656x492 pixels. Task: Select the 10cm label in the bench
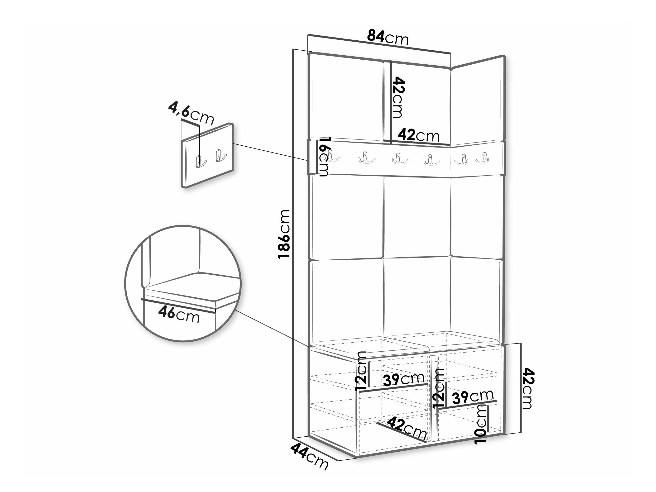(481, 424)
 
